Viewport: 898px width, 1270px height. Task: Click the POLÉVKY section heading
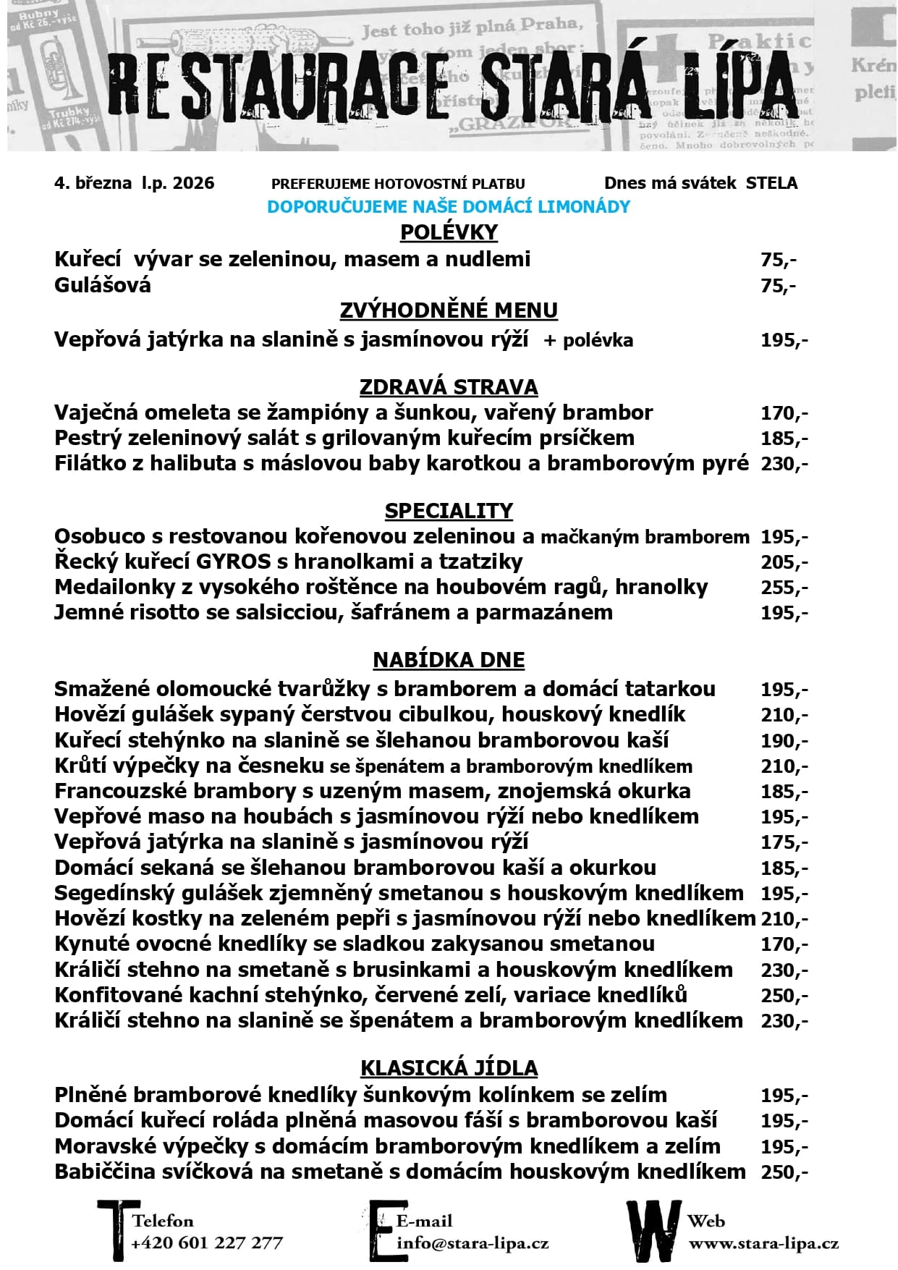(x=449, y=232)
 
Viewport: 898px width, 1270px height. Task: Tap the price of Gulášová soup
(x=778, y=286)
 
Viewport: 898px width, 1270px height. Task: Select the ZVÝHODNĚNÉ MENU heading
(x=449, y=310)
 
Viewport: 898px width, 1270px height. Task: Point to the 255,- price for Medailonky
(x=784, y=588)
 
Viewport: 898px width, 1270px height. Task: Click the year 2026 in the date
(x=192, y=183)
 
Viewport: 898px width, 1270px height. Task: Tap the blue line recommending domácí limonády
(x=449, y=207)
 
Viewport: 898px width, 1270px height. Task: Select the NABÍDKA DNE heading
(x=449, y=660)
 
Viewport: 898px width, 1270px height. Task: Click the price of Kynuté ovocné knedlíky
(x=784, y=944)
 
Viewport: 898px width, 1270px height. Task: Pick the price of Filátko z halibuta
(x=784, y=464)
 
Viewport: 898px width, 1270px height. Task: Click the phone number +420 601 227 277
(x=207, y=1243)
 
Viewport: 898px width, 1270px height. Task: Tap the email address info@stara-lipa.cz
(x=473, y=1243)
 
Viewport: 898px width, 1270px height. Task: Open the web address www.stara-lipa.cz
(x=763, y=1243)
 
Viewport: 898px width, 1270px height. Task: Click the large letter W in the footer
(x=653, y=1230)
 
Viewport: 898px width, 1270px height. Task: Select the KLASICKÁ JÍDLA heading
(x=449, y=1068)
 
